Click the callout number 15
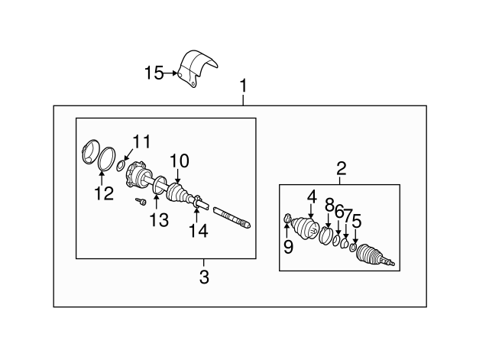pyautogui.click(x=154, y=73)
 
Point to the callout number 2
pyautogui.click(x=342, y=168)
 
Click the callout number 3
pyautogui.click(x=204, y=277)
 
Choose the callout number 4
pyautogui.click(x=311, y=197)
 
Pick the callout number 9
pyautogui.click(x=288, y=246)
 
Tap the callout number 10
pyautogui.click(x=178, y=161)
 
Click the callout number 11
pyautogui.click(x=141, y=142)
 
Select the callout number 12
pyautogui.click(x=104, y=193)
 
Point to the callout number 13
pyautogui.click(x=158, y=220)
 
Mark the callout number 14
pyautogui.click(x=198, y=229)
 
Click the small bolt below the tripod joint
pyautogui.click(x=142, y=202)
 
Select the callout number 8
pyautogui.click(x=329, y=205)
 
